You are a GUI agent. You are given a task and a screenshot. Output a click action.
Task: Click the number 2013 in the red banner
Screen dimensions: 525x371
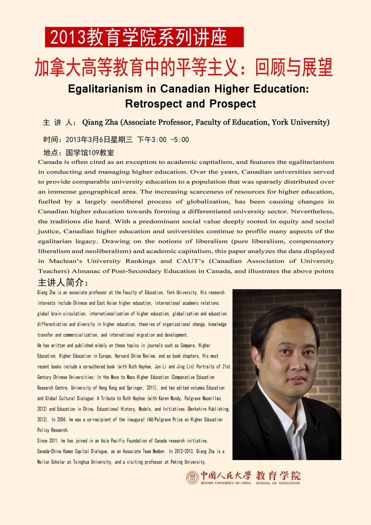(68, 38)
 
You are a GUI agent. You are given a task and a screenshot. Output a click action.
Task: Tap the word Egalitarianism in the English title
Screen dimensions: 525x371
(105, 89)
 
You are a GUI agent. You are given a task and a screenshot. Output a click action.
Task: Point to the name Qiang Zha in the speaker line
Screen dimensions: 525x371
(100, 123)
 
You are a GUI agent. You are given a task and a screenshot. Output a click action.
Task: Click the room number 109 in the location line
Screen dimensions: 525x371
(93, 153)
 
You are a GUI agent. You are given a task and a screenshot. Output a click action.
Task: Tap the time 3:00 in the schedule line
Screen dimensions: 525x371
(159, 140)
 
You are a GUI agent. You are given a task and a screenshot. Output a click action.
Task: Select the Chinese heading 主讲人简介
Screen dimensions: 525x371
(63, 282)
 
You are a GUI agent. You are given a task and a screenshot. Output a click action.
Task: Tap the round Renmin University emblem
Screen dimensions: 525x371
(192, 478)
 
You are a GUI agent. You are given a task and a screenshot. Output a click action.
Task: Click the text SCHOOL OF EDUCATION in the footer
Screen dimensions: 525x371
(278, 483)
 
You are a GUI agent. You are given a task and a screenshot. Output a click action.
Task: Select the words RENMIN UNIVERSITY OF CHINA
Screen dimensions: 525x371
(226, 483)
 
